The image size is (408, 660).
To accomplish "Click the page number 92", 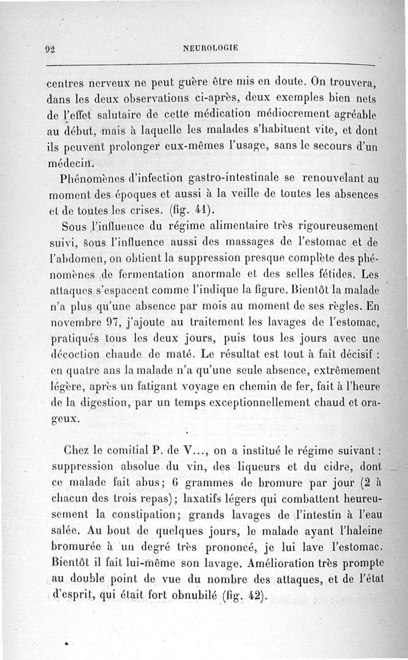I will (50, 49).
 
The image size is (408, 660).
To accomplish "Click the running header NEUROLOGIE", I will (210, 49).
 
